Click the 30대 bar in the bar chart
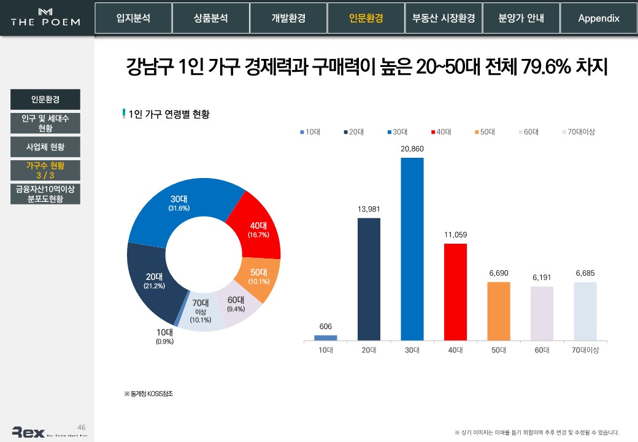click(x=412, y=249)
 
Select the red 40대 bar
click(x=455, y=292)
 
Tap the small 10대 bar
click(x=326, y=337)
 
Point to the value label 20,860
click(x=412, y=149)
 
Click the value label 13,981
click(x=369, y=209)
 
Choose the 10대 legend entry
click(x=311, y=132)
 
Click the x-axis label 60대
click(x=542, y=350)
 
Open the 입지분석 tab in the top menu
click(x=133, y=18)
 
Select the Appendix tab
click(x=599, y=18)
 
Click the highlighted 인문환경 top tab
click(x=366, y=18)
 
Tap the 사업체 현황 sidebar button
click(x=45, y=147)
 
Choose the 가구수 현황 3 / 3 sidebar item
click(x=45, y=171)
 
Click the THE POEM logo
click(x=45, y=18)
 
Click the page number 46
click(x=81, y=427)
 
